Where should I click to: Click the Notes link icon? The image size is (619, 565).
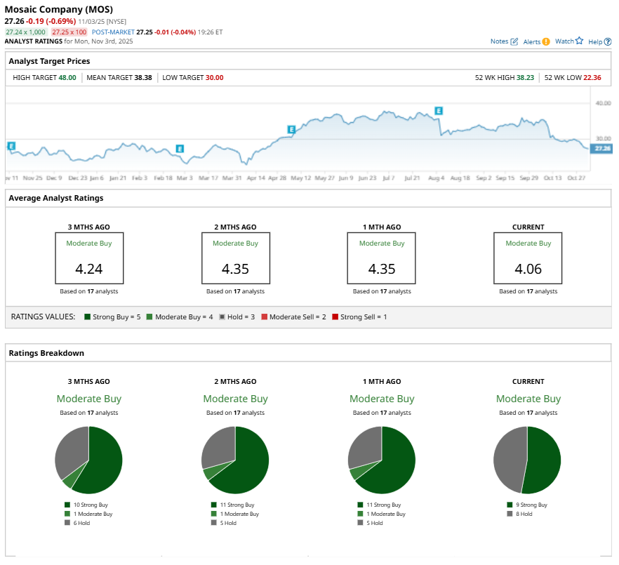click(514, 42)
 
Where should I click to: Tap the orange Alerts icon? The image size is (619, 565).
click(546, 42)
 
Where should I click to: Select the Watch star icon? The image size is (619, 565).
click(579, 41)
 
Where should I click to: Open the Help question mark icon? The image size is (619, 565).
click(608, 42)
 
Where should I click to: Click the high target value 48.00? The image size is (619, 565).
click(67, 77)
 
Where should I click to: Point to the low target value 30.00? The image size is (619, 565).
click(214, 77)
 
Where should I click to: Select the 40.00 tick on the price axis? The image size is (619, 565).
click(602, 102)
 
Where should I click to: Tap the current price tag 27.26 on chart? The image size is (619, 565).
click(602, 149)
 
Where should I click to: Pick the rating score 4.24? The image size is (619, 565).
click(89, 270)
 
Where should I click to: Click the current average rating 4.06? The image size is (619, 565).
click(528, 270)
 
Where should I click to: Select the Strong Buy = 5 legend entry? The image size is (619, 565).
click(112, 317)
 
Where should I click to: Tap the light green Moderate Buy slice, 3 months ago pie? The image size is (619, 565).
click(68, 482)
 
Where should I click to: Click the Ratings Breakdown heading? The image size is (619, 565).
click(46, 353)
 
